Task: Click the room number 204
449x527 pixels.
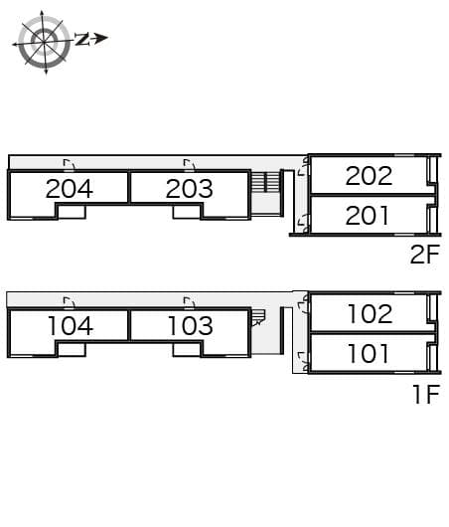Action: click(x=70, y=189)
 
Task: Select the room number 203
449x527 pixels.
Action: click(x=190, y=189)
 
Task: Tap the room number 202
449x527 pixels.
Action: click(x=369, y=176)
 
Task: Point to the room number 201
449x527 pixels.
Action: click(x=368, y=216)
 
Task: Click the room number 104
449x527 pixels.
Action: click(x=71, y=326)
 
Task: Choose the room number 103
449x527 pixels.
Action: click(x=191, y=326)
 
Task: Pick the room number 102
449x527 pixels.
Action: click(x=371, y=314)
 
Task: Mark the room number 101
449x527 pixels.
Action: click(x=369, y=354)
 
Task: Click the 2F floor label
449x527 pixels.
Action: click(x=425, y=255)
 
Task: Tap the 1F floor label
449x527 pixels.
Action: click(x=426, y=394)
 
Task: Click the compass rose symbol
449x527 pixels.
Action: click(x=44, y=42)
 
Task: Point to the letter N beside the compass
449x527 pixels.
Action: click(x=81, y=39)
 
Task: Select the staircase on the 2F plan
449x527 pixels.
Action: click(x=266, y=182)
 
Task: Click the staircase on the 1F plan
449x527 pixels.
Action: click(x=258, y=317)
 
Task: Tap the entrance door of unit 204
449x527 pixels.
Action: click(x=70, y=165)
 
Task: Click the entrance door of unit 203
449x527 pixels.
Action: click(x=190, y=165)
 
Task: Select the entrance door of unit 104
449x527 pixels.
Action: click(x=70, y=303)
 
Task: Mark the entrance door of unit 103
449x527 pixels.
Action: click(x=190, y=303)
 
